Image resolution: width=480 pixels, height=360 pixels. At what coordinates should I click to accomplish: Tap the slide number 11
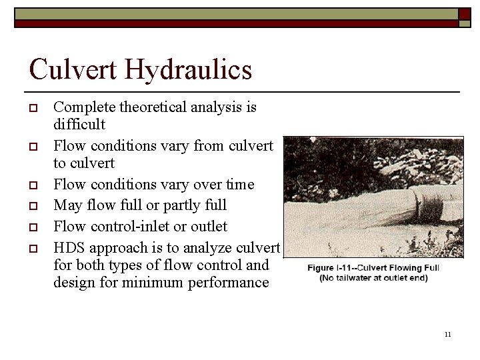[x=447, y=334]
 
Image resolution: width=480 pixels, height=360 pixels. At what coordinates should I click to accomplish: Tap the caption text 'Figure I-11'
[x=332, y=268]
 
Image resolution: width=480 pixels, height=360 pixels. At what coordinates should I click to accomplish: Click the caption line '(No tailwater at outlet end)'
[x=373, y=278]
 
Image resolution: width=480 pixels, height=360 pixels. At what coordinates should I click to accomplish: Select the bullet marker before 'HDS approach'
[x=33, y=248]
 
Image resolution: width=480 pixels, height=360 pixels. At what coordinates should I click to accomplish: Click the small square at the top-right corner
[x=464, y=15]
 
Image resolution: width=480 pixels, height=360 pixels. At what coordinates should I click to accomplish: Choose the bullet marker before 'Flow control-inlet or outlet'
[x=33, y=227]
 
